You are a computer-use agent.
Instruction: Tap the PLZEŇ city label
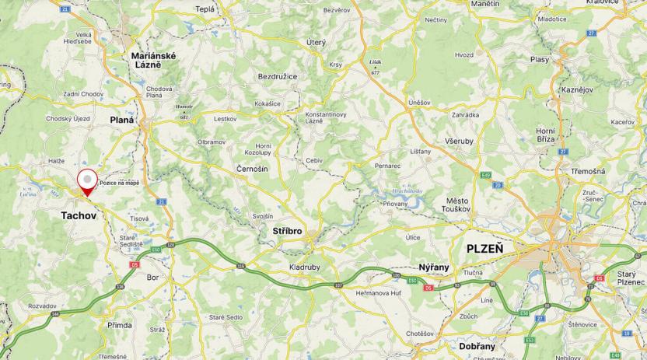point(484,249)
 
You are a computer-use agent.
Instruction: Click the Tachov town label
point(79,215)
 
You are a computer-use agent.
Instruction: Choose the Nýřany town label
point(434,267)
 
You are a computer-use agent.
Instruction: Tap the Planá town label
point(122,120)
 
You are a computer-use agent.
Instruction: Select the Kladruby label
point(305,267)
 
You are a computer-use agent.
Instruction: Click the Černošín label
point(252,168)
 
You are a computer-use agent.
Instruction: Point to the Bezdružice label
point(278,76)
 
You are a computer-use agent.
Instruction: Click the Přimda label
point(120,325)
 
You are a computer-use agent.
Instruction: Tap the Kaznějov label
point(577,89)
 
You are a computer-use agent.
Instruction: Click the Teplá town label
point(205,9)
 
